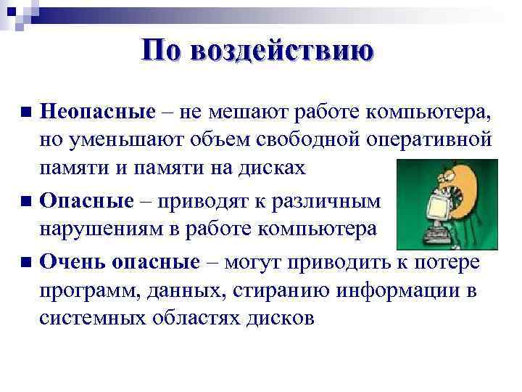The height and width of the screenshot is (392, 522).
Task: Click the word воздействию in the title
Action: click(x=283, y=52)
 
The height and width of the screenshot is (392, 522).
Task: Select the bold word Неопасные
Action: click(x=98, y=113)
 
